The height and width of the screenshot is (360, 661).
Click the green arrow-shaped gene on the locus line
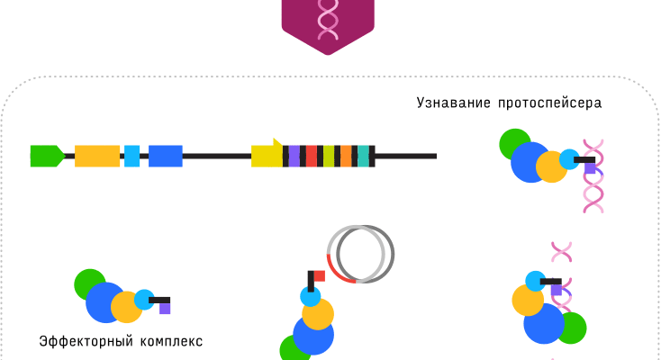pyautogui.click(x=46, y=156)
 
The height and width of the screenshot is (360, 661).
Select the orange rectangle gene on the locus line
pyautogui.click(x=97, y=156)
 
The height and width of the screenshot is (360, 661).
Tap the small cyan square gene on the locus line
pyautogui.click(x=131, y=156)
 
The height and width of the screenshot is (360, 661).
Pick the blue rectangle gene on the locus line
pyautogui.click(x=165, y=156)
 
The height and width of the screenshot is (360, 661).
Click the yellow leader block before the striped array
pyautogui.click(x=267, y=156)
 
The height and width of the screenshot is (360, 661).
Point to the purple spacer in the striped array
pyautogui.click(x=294, y=156)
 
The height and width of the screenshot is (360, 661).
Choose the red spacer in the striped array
pyautogui.click(x=312, y=156)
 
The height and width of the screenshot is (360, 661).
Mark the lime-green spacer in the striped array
pyautogui.click(x=329, y=156)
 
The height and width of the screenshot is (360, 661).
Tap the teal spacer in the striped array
pyautogui.click(x=363, y=156)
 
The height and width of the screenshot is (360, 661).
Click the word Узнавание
pyautogui.click(x=452, y=103)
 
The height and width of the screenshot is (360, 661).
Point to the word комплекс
pyautogui.click(x=171, y=342)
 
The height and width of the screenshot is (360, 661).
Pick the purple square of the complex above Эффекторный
pyautogui.click(x=165, y=309)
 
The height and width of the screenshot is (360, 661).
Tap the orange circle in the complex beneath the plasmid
pyautogui.click(x=318, y=314)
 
